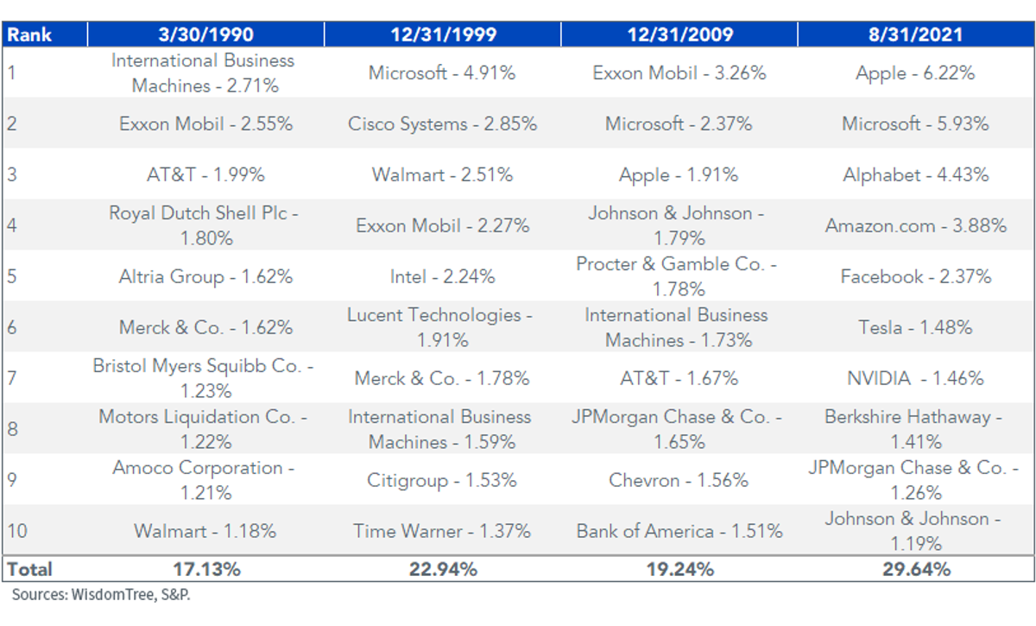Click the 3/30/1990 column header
[205, 35]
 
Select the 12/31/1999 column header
[443, 35]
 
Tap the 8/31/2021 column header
[916, 35]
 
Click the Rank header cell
[29, 35]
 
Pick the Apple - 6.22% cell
[915, 73]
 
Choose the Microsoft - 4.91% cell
[442, 73]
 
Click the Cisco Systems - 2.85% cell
[443, 123]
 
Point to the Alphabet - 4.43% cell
[916, 175]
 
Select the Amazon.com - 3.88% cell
[916, 225]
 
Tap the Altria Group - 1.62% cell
[205, 276]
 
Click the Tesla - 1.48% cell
[916, 327]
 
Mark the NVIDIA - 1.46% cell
[916, 378]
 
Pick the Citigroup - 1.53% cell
[442, 480]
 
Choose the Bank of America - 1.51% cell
[679, 531]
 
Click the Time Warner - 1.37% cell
[442, 531]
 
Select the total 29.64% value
[916, 569]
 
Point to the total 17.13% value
[206, 569]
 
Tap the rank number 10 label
[17, 531]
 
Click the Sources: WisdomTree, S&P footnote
[101, 595]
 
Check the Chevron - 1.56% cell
[679, 480]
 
